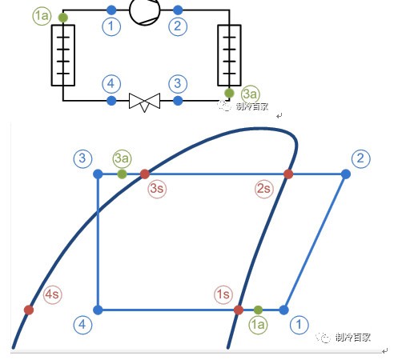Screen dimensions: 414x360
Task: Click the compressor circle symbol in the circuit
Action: pyautogui.click(x=144, y=10)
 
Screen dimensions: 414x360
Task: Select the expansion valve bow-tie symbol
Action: pyautogui.click(x=144, y=102)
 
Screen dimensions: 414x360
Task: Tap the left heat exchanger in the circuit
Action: pyautogui.click(x=63, y=55)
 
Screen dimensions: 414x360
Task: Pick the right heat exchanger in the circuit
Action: pyautogui.click(x=229, y=55)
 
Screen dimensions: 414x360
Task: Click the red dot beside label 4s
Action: pyautogui.click(x=29, y=310)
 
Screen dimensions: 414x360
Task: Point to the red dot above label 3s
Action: pyautogui.click(x=145, y=174)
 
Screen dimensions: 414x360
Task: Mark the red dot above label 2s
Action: pyautogui.click(x=288, y=174)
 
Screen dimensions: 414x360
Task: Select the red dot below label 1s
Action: pyautogui.click(x=239, y=310)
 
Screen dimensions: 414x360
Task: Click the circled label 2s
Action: pyautogui.click(x=263, y=189)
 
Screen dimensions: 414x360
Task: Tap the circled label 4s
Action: pyautogui.click(x=52, y=294)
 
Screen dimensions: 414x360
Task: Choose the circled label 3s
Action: pyautogui.click(x=157, y=189)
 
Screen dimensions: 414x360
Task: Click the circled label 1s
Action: pyautogui.click(x=223, y=294)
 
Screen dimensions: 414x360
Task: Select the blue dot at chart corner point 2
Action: pyautogui.click(x=346, y=174)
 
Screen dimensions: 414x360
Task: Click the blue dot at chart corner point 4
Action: pyautogui.click(x=98, y=310)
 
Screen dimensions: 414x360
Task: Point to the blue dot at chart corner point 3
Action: pyautogui.click(x=98, y=174)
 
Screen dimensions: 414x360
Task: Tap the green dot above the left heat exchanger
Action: pyautogui.click(x=63, y=18)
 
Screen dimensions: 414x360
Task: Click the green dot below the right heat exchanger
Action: pyautogui.click(x=229, y=93)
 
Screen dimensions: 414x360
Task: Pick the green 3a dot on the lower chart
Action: pyautogui.click(x=122, y=174)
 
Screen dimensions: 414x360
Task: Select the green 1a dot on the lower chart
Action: pyautogui.click(x=258, y=310)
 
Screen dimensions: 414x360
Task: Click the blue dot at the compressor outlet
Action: pyautogui.click(x=178, y=10)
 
